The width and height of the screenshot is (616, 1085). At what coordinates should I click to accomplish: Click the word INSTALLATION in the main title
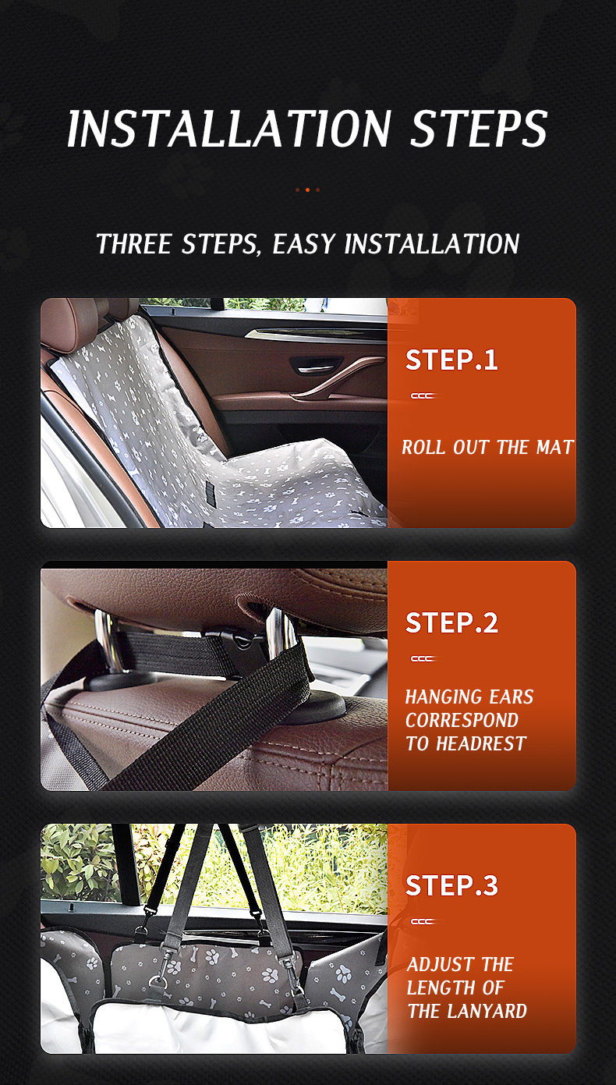click(228, 128)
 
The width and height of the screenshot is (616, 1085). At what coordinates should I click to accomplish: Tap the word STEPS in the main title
click(479, 128)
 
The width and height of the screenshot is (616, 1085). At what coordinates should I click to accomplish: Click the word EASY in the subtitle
click(303, 243)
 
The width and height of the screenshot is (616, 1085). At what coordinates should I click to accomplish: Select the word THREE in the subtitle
click(133, 243)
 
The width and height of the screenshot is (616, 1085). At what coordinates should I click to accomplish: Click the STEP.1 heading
click(451, 360)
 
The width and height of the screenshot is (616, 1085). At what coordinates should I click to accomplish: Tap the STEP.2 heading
click(451, 623)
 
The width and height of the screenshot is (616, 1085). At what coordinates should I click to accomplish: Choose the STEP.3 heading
click(451, 885)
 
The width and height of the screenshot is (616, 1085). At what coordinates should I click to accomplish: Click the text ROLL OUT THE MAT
click(487, 447)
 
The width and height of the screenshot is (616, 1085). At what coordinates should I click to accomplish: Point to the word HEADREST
click(481, 743)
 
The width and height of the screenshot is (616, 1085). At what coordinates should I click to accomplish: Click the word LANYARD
click(487, 1011)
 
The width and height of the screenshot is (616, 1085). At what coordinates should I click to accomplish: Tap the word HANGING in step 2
click(437, 697)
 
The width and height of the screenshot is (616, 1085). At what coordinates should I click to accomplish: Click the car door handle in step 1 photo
click(317, 366)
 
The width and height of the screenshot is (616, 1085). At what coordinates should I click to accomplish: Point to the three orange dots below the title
click(307, 190)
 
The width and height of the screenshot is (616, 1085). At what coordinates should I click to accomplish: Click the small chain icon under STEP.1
click(423, 395)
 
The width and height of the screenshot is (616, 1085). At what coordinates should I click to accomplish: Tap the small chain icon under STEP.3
click(423, 921)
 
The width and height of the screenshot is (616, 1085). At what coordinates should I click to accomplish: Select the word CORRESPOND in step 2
click(462, 720)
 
